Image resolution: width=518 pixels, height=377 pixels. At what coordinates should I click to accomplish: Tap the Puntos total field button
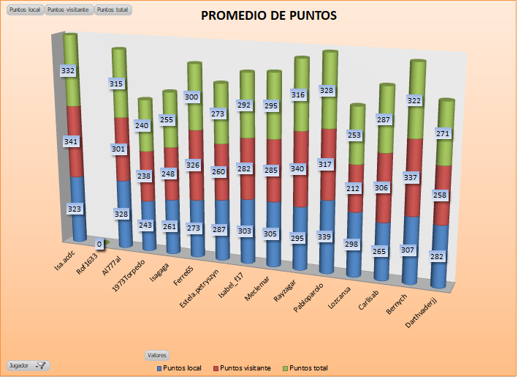(113, 10)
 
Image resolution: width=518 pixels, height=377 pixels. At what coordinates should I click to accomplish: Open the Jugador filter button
(28, 365)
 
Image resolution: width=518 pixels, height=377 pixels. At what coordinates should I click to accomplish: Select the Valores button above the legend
(157, 355)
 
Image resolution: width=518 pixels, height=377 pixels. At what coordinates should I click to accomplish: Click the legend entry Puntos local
(179, 367)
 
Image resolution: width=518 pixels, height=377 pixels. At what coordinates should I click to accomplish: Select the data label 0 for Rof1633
(99, 244)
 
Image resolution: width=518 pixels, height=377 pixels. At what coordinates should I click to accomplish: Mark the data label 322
(415, 100)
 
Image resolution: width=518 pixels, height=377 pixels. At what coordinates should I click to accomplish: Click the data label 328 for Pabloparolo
(327, 90)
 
